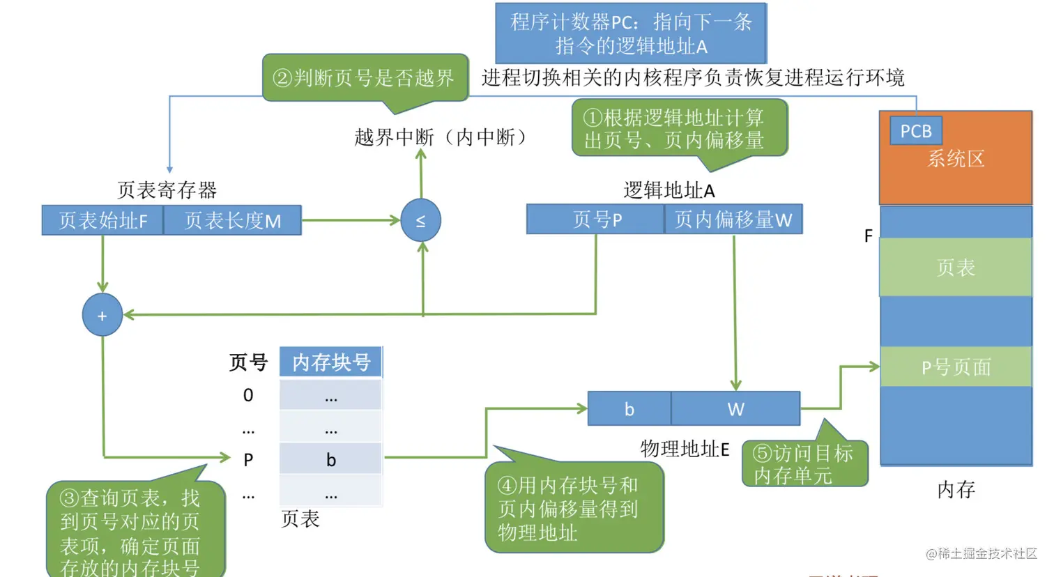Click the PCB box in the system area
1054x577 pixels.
click(x=916, y=131)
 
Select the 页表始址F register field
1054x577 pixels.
click(x=102, y=221)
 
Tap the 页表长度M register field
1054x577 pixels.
click(x=233, y=221)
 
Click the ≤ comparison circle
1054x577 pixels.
click(x=421, y=221)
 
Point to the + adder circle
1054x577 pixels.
click(x=102, y=316)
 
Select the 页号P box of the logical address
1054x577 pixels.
click(x=596, y=220)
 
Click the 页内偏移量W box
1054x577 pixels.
click(x=733, y=220)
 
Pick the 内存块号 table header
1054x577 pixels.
click(x=331, y=362)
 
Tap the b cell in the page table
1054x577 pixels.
click(x=331, y=460)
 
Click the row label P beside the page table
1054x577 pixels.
click(x=248, y=460)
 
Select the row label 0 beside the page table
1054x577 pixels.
click(x=248, y=395)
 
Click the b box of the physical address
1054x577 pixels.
click(x=629, y=409)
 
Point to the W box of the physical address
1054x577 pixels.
click(x=735, y=409)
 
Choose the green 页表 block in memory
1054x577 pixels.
click(x=956, y=268)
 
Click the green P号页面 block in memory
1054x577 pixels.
click(x=956, y=367)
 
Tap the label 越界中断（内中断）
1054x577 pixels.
click(x=441, y=137)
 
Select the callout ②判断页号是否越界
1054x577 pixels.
click(x=365, y=78)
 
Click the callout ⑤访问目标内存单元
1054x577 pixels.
click(x=804, y=464)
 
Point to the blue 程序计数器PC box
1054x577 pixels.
click(x=631, y=33)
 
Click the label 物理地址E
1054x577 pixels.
click(x=685, y=449)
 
